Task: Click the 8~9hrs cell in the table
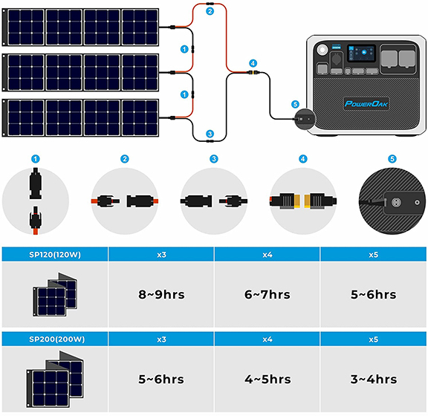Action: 161,294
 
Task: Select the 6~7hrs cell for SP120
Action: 267,294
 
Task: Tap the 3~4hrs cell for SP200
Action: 374,379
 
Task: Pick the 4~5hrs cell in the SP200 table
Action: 267,379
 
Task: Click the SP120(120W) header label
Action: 55,255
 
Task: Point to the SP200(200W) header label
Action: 56,339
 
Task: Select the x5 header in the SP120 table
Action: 374,255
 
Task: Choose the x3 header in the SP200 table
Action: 161,339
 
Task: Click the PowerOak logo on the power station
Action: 366,104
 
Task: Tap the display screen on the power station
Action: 360,53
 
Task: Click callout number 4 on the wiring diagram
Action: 253,63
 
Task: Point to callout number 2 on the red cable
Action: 210,11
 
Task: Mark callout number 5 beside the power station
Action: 295,104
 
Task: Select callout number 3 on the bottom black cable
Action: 210,134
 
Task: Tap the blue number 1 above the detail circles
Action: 36,159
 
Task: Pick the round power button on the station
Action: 322,50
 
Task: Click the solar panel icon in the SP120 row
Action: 55,295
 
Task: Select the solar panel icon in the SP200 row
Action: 55,380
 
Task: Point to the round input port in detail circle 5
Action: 395,203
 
